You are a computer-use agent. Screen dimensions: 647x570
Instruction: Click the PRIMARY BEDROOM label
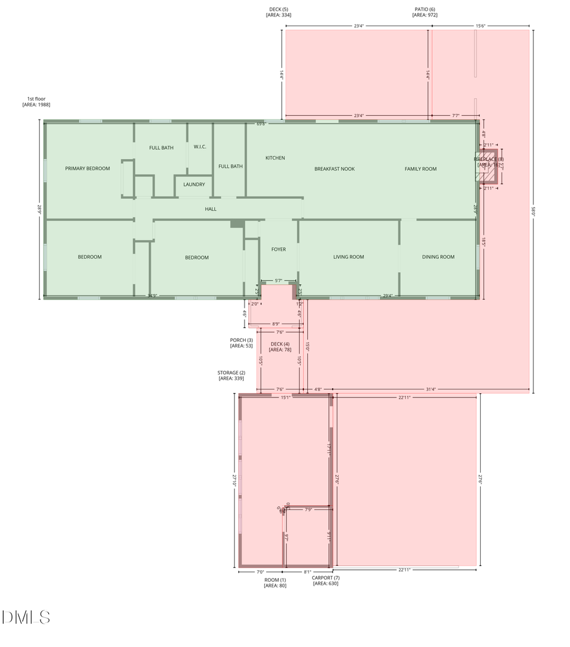tap(87, 168)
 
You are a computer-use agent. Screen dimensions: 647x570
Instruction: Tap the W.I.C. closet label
tap(200, 147)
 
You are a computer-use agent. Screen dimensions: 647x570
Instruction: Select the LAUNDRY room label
tap(194, 184)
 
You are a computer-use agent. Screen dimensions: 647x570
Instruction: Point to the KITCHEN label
tap(275, 158)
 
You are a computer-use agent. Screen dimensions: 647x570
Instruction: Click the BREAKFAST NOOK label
tap(334, 169)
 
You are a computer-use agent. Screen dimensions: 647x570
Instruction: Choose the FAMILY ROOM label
tap(421, 169)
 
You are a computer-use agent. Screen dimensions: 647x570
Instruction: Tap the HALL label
tap(211, 208)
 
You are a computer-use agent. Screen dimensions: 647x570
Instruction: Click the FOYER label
tap(279, 249)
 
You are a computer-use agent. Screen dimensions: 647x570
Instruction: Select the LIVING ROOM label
tap(348, 257)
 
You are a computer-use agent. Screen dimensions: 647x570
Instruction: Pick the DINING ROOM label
tap(438, 257)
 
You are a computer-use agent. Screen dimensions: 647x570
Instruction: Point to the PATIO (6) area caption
tap(424, 11)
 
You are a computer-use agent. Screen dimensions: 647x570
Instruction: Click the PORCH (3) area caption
tap(241, 342)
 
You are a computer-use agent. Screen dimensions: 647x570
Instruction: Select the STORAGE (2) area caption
tap(231, 375)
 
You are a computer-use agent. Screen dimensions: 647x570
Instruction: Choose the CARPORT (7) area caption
tap(326, 581)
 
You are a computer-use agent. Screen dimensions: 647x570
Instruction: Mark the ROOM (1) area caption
tap(275, 582)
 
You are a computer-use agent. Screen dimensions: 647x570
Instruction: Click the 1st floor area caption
tap(36, 101)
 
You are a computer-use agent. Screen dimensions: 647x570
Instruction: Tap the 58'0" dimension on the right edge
tap(533, 213)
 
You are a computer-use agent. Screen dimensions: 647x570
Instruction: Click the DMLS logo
tap(26, 617)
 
